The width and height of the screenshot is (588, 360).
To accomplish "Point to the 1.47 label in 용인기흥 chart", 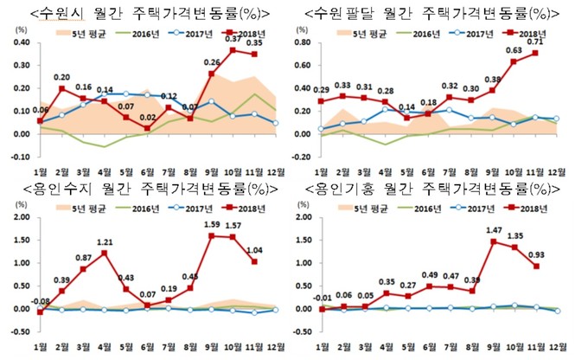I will [495, 231].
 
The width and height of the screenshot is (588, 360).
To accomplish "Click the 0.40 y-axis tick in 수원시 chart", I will [16, 42].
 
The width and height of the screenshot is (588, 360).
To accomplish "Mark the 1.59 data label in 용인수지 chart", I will [209, 225].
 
